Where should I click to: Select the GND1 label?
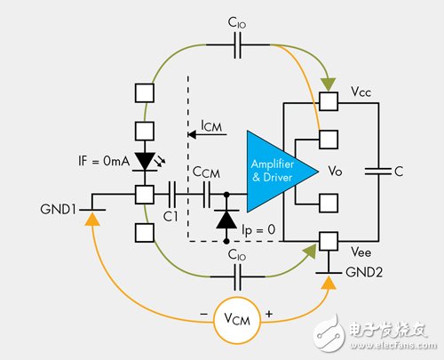click(58, 209)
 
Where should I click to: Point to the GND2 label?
click(364, 272)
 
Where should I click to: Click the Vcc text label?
click(361, 92)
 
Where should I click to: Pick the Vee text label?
click(361, 252)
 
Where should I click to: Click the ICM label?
click(211, 126)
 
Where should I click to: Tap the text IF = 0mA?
click(104, 161)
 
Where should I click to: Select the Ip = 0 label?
click(258, 230)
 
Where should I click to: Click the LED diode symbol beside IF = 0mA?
click(145, 162)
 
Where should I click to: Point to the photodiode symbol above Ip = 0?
click(226, 220)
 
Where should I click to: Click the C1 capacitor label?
click(170, 217)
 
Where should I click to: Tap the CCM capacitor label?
click(206, 172)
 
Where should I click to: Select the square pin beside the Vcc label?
click(329, 101)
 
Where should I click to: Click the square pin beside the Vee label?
click(329, 241)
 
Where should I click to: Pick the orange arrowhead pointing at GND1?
click(92, 220)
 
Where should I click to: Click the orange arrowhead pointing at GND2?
click(329, 283)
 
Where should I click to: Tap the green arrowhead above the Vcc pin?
click(329, 84)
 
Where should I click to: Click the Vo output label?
click(335, 171)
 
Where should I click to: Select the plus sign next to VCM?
click(269, 314)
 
